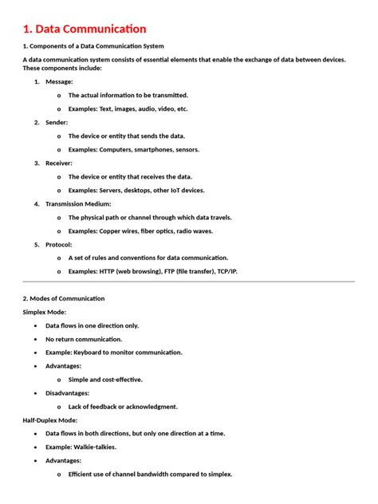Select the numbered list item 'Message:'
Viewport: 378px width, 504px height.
pos(59,81)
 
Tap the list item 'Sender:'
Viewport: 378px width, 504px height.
pos(57,122)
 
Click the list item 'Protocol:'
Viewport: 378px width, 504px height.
pos(58,244)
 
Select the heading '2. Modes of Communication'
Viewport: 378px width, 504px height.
pos(63,298)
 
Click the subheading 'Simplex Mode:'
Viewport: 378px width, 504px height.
pos(44,312)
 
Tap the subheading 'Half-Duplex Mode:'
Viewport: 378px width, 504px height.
pos(50,420)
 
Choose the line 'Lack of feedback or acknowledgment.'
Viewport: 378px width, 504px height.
pos(123,407)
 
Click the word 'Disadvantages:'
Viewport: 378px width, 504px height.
pos(67,393)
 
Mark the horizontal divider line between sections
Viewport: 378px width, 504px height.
pos(188,282)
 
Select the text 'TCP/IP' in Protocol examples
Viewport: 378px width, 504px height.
pos(226,271)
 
